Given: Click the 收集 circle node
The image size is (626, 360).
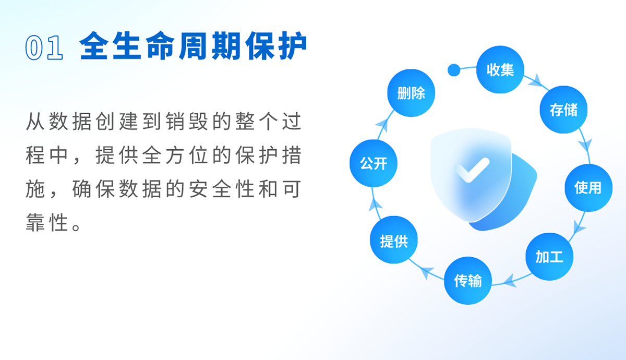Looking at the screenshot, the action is click(x=500, y=69).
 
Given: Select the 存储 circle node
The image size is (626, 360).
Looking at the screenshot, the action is click(x=563, y=110).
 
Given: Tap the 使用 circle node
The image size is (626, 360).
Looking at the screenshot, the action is click(x=588, y=188).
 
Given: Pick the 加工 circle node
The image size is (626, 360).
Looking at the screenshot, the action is click(x=549, y=257).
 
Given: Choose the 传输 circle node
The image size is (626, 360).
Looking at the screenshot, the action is click(x=468, y=280).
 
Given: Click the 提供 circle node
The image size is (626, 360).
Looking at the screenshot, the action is click(x=394, y=240).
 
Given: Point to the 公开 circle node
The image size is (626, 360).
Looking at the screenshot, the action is click(x=374, y=163).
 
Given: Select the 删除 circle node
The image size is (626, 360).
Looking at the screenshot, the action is click(x=411, y=93).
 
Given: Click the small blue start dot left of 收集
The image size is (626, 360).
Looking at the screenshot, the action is click(x=454, y=70).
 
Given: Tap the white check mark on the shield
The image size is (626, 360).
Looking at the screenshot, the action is click(x=472, y=170).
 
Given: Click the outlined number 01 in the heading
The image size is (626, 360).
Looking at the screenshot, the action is click(x=44, y=47).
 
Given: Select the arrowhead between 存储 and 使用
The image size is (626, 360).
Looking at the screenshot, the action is click(x=585, y=145).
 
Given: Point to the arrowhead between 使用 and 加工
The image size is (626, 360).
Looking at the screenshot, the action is click(x=579, y=227).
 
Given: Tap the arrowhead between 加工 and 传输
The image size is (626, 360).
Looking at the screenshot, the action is click(x=510, y=281).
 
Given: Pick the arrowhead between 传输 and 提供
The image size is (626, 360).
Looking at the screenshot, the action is click(x=427, y=272).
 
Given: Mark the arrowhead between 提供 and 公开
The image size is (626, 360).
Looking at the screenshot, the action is click(x=375, y=205).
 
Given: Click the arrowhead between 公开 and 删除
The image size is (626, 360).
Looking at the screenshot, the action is click(x=382, y=125).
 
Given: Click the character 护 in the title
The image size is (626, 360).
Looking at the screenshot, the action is click(x=293, y=46).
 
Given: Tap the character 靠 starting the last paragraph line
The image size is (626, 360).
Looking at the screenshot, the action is click(x=35, y=222).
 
